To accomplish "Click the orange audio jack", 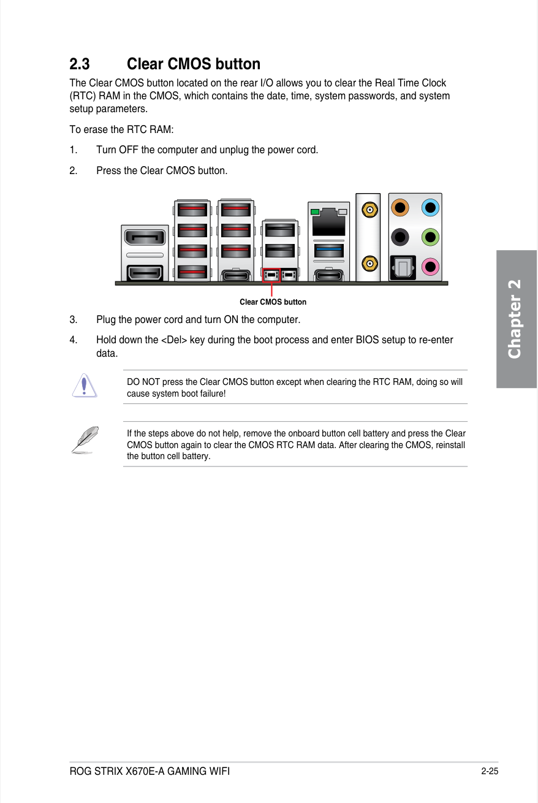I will tap(400, 208).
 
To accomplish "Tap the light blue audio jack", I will tap(431, 208).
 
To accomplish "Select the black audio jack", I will tap(400, 236).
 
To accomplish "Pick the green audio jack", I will tap(431, 236).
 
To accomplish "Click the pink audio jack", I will tap(431, 265).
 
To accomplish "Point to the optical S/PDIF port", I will tap(402, 267).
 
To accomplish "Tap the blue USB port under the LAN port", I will tap(328, 250).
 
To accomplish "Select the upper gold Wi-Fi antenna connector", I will tap(368, 210).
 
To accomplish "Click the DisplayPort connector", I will tap(145, 237).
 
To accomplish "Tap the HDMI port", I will tap(145, 272).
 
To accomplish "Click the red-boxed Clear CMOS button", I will tap(271, 275).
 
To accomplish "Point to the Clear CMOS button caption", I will tap(273, 302).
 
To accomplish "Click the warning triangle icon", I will tap(84, 386).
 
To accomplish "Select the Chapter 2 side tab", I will tap(516, 319).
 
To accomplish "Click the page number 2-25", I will tap(489, 771).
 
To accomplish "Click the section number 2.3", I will tap(80, 64).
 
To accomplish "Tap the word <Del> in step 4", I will tap(174, 340).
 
